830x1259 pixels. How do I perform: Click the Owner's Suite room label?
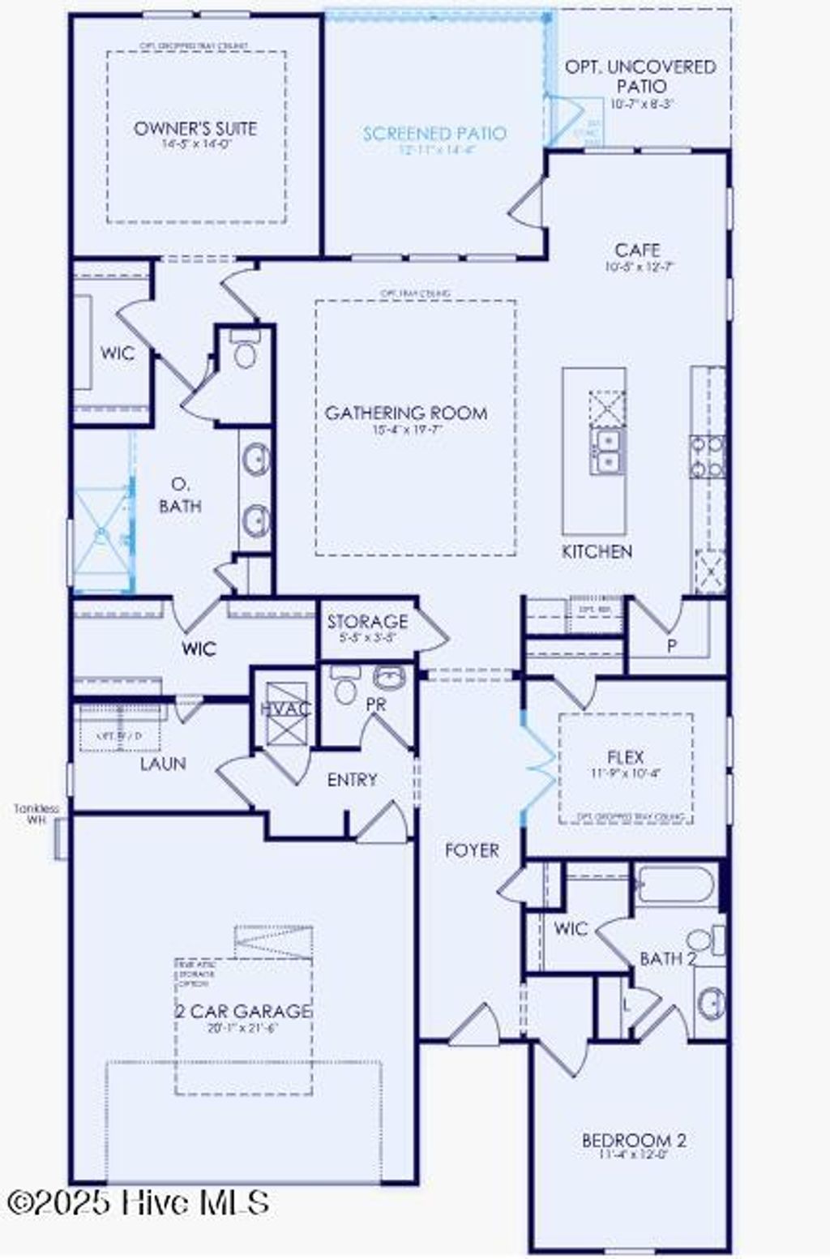coord(195,128)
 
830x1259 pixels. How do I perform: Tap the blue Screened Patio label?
coord(434,134)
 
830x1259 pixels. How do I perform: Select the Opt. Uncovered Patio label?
coord(640,76)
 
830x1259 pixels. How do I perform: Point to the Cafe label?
coord(637,250)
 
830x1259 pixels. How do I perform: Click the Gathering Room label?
coord(406,413)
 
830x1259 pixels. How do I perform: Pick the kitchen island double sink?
coord(606,452)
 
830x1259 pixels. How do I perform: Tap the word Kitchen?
coord(597,551)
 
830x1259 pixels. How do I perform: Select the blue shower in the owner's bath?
coord(102,536)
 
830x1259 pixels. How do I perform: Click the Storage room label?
coord(367,622)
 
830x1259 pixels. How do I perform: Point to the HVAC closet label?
coord(285,709)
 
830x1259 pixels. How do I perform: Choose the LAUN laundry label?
coord(163,764)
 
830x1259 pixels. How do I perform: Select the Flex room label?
coord(625,757)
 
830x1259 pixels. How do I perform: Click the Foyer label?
coord(472,850)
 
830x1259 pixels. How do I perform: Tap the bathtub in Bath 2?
coord(676,884)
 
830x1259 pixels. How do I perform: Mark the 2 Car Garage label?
coord(243,1011)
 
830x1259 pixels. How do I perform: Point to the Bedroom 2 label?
coord(634,1140)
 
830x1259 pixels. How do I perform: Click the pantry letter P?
coord(671,646)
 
